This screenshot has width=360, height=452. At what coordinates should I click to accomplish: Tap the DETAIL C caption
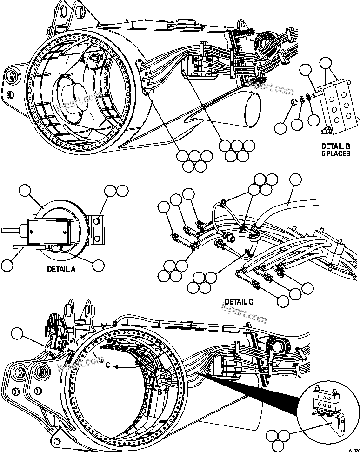coord(239,301)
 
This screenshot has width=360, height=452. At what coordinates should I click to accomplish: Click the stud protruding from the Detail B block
coord(315,96)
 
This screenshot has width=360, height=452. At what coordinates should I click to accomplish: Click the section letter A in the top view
coord(87,66)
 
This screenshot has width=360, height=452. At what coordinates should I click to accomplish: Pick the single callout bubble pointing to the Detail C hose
coord(295,180)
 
